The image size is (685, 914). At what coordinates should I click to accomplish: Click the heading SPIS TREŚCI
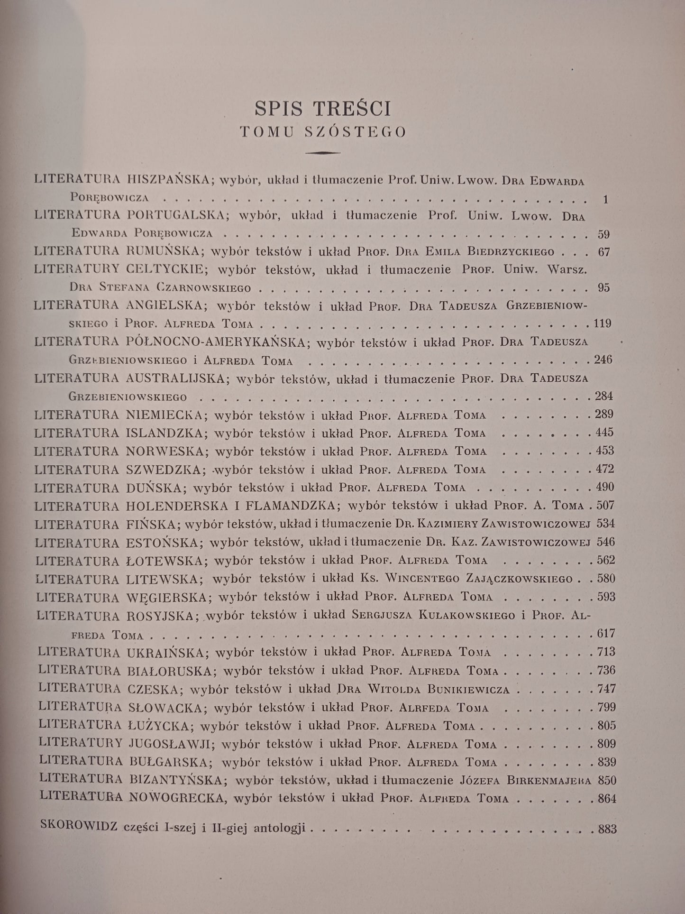click(323, 109)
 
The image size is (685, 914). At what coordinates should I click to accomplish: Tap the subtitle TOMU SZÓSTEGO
click(323, 132)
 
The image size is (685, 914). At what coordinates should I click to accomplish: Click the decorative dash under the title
click(323, 153)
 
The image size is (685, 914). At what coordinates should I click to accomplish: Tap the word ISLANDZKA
click(165, 433)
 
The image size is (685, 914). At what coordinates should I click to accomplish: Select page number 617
click(605, 634)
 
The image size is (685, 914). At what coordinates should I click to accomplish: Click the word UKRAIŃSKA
click(168, 653)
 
